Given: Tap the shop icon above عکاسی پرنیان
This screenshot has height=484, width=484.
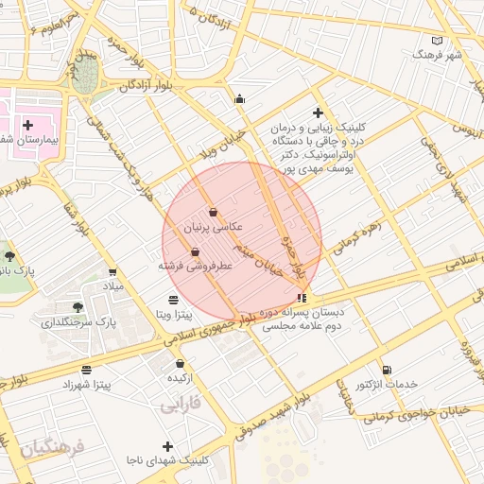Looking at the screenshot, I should pos(213,213).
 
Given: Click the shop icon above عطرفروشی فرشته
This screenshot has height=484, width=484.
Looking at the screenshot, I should pos(195,252).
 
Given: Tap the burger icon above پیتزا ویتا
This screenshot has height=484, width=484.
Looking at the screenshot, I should pos(171,300).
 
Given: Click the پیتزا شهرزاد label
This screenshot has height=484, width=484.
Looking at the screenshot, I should pos(87,385).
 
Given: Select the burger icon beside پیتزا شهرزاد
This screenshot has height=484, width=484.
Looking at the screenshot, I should pos(87,370).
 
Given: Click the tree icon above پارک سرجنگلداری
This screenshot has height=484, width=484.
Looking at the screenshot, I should pos(78,307).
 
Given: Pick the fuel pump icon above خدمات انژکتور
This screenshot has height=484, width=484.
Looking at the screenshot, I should pos(386,370).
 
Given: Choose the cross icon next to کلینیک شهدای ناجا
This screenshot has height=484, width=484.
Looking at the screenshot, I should pos(168,446).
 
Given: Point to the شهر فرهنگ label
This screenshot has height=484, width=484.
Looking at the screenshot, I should pos(437,55).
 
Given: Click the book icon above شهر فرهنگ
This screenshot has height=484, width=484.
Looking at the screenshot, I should pos(436,41).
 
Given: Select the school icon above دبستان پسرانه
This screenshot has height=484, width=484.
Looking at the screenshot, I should pos(302,297).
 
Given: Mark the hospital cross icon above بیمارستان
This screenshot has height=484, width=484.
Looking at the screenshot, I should pos(27,125).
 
